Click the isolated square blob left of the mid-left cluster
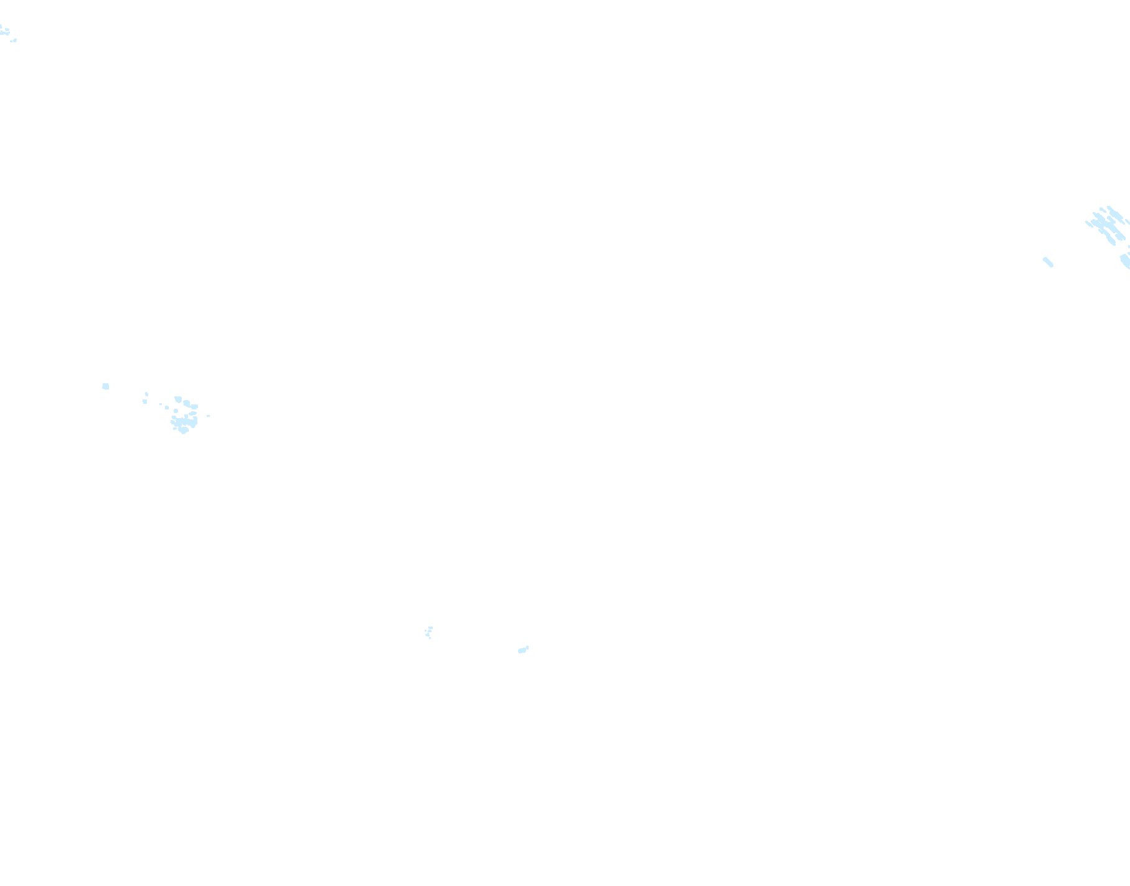click(105, 386)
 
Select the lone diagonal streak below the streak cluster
click(1048, 262)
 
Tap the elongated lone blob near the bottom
click(522, 651)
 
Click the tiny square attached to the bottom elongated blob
click(527, 648)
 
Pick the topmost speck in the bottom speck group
click(430, 628)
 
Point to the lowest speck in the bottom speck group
click(430, 638)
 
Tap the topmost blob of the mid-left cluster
click(178, 399)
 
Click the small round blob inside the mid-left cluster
click(176, 411)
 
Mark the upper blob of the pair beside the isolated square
click(146, 394)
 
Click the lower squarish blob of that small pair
click(145, 401)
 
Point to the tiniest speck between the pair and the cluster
click(161, 404)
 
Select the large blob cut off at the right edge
click(1126, 261)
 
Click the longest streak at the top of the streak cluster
click(1114, 213)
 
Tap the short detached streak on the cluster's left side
click(1089, 224)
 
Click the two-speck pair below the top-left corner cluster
click(13, 40)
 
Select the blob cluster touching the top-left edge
click(4, 30)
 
